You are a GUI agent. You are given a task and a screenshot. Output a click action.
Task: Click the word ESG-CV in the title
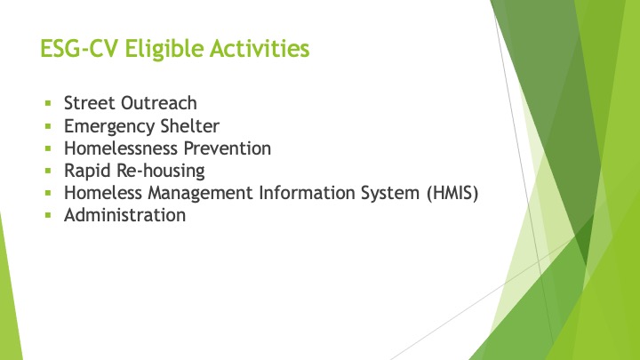80,48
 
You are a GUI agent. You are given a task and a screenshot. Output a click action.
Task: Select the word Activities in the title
260,48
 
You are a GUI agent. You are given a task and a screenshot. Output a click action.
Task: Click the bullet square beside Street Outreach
48,103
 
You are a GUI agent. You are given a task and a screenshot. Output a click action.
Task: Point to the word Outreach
159,103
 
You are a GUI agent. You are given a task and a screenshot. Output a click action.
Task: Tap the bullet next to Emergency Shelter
48,126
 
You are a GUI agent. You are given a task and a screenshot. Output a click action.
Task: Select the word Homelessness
121,148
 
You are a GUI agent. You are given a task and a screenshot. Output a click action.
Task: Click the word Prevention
228,148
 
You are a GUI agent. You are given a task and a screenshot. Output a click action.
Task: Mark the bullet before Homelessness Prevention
48,148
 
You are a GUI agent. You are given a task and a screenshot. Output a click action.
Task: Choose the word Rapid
87,172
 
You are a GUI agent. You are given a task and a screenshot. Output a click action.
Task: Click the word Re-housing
161,172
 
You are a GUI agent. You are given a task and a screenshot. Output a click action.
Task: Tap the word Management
200,194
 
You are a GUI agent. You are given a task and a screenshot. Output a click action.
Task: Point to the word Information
307,193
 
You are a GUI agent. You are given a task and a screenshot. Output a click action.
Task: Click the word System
390,194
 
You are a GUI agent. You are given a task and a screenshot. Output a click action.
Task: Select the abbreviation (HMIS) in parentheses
452,194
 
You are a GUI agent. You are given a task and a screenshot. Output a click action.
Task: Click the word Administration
125,215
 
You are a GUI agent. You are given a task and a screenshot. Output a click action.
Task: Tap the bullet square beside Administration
48,215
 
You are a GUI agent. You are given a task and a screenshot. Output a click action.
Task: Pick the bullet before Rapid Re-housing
48,171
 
